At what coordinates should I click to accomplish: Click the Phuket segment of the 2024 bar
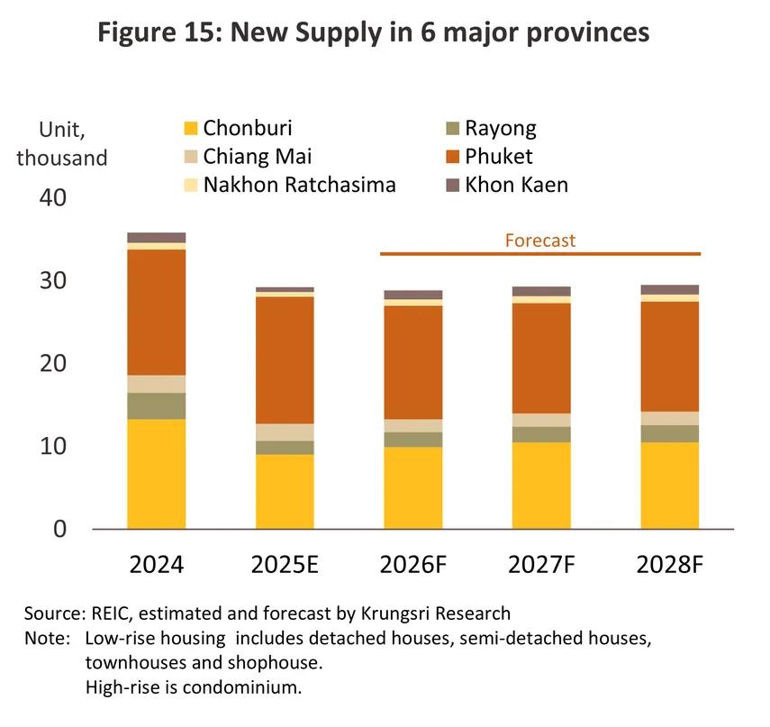(157, 312)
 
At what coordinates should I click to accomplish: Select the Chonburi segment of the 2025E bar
(285, 491)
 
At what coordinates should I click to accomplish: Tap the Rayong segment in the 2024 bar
(157, 405)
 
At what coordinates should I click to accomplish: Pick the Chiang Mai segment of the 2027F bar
(541, 420)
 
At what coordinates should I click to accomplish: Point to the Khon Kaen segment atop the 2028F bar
(669, 290)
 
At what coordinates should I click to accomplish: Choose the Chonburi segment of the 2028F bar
(669, 485)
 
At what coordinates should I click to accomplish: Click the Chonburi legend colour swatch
(189, 128)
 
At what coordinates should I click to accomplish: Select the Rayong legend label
(501, 128)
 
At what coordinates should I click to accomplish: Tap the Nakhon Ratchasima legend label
(300, 186)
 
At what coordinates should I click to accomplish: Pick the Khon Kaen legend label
(516, 186)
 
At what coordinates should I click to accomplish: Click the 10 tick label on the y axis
(53, 446)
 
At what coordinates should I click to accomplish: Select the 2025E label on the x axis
(285, 566)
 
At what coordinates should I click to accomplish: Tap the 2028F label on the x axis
(669, 566)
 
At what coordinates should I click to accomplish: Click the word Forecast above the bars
(539, 241)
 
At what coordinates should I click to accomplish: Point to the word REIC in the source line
(107, 613)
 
